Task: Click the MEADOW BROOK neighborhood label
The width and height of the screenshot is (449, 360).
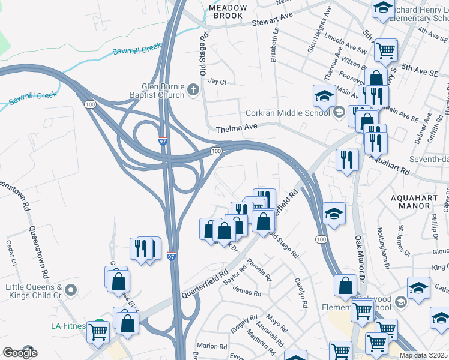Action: click(228, 11)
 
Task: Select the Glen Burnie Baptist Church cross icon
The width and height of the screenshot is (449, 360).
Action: click(193, 91)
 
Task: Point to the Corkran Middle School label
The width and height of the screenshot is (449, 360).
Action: click(288, 112)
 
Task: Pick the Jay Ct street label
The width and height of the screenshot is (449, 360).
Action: click(217, 82)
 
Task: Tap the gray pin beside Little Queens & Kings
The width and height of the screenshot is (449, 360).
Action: click(71, 291)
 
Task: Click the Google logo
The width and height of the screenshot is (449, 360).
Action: click(19, 353)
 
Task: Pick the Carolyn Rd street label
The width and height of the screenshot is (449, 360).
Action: click(301, 292)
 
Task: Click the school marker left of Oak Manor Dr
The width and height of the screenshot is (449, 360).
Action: click(334, 213)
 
